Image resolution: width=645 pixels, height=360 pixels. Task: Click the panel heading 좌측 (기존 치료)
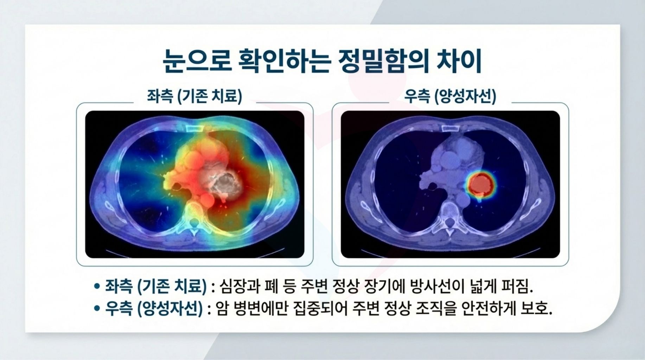click(x=194, y=96)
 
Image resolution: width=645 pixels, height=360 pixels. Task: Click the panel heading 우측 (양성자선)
click(x=450, y=96)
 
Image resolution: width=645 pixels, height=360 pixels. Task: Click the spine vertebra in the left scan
click(x=193, y=221)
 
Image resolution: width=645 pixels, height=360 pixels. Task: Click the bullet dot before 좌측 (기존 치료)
click(x=97, y=286)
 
